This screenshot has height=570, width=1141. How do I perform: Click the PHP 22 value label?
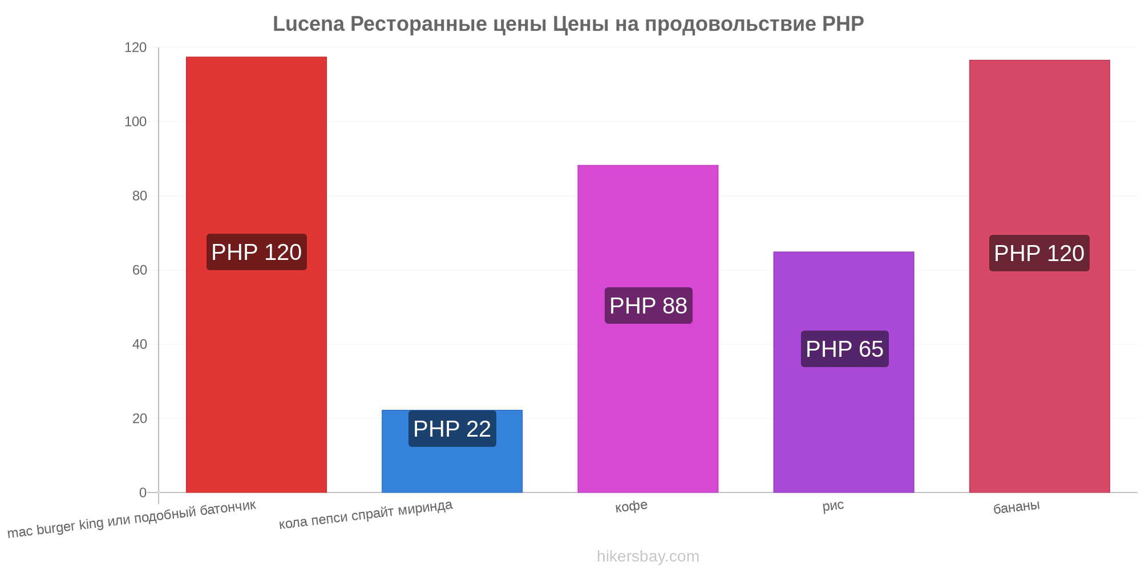pyautogui.click(x=452, y=429)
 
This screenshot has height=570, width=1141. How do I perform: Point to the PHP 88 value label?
pyautogui.click(x=648, y=306)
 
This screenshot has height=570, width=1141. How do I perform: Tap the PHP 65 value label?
pyautogui.click(x=844, y=349)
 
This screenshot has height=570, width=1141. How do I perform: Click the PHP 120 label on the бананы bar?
pyautogui.click(x=1039, y=253)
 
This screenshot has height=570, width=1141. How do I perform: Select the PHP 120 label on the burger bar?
pyautogui.click(x=256, y=252)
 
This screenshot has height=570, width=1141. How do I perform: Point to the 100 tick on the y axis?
pyautogui.click(x=135, y=121)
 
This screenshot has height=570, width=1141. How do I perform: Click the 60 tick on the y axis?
pyautogui.click(x=139, y=270)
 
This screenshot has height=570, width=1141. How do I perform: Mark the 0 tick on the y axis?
pyautogui.click(x=143, y=492)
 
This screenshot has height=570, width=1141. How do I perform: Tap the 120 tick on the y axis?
pyautogui.click(x=135, y=47)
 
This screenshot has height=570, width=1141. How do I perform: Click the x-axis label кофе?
pyautogui.click(x=631, y=506)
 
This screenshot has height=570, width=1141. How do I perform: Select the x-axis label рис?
pyautogui.click(x=833, y=506)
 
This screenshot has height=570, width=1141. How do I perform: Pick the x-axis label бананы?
pyautogui.click(x=1017, y=506)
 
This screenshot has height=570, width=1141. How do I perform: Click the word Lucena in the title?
pyautogui.click(x=309, y=24)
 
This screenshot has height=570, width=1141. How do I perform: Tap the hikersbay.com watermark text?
pyautogui.click(x=648, y=556)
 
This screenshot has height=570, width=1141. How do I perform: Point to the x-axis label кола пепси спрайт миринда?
pyautogui.click(x=366, y=514)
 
